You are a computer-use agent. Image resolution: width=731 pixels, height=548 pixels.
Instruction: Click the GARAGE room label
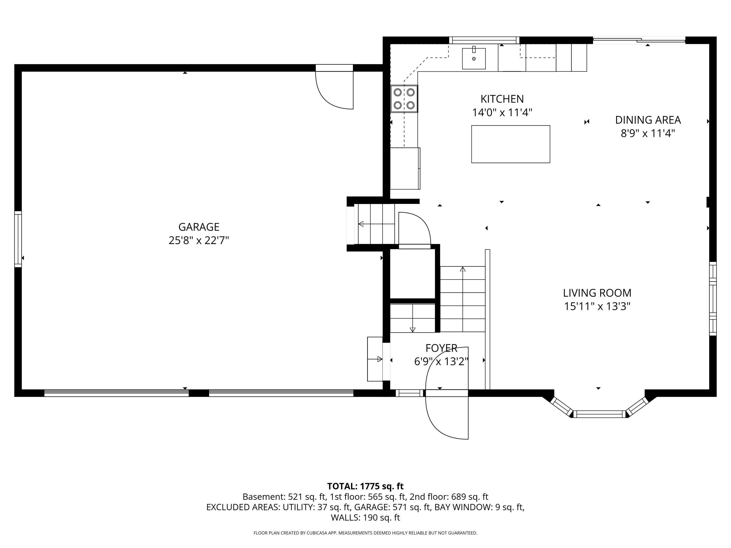tap(199, 227)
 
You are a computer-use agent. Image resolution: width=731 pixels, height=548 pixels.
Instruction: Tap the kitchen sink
tap(473, 58)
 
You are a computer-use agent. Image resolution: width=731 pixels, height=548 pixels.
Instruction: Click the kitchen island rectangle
tap(510, 144)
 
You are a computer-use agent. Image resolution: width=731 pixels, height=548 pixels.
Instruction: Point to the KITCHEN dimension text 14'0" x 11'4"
tap(502, 113)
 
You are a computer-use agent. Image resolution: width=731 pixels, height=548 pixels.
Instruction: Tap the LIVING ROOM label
tap(597, 293)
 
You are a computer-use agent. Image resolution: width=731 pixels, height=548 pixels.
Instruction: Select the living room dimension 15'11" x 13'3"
tap(597, 307)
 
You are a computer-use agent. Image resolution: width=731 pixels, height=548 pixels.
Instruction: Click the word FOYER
tap(441, 348)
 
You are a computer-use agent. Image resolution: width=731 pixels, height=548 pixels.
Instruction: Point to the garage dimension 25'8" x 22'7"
tap(199, 240)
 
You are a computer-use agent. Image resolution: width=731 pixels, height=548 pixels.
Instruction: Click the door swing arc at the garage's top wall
tap(330, 96)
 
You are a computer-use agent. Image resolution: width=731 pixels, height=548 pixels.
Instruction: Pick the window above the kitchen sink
tap(484, 40)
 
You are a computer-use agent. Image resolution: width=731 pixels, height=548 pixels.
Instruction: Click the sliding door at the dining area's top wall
tap(639, 40)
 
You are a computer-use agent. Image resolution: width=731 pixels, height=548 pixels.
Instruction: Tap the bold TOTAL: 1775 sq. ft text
tap(365, 486)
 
